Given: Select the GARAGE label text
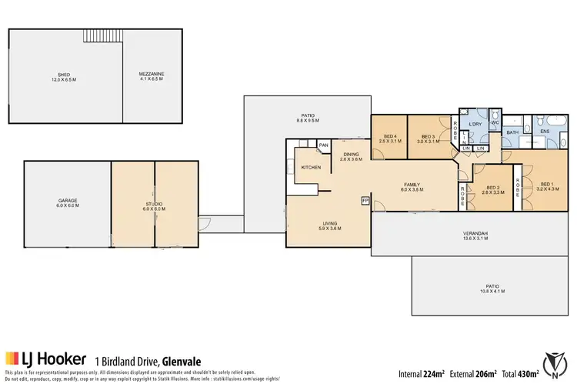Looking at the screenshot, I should coord(66,202).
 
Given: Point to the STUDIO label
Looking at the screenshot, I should coord(154,204).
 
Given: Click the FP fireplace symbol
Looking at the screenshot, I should coord(365,201).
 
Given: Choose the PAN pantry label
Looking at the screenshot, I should coord(324,144).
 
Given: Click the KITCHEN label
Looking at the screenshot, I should coord(310,166).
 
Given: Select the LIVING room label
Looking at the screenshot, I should coord(328,224).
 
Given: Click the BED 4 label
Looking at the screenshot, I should coord(387,138).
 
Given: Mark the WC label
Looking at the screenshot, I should coord(495,122).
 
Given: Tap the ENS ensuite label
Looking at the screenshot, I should coord(545,132).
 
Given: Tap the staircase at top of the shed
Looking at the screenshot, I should coord(103,36).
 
